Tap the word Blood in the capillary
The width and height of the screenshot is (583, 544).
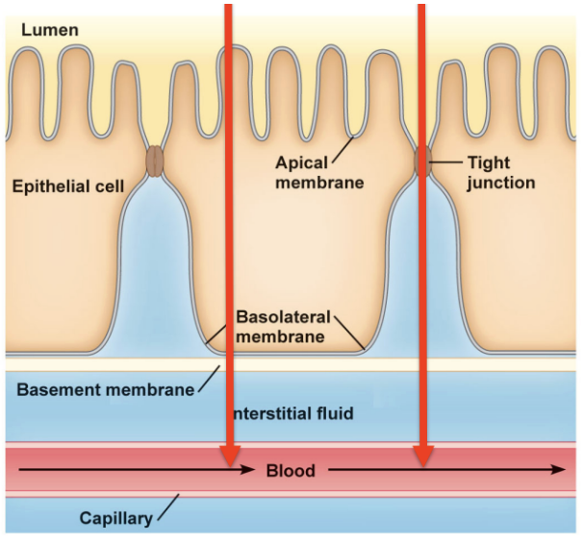coord(290,471)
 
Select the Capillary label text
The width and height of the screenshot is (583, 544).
coord(115,519)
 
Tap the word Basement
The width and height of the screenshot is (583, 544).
coord(59,388)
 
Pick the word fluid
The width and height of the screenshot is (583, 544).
coord(333,413)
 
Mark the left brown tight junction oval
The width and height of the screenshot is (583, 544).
coord(155,161)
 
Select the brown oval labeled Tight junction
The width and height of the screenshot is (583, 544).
coord(421,161)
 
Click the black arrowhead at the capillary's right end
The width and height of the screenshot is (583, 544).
coord(559,471)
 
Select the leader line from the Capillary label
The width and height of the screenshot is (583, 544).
coord(166,507)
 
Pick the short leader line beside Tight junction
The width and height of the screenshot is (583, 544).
coord(444,162)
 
